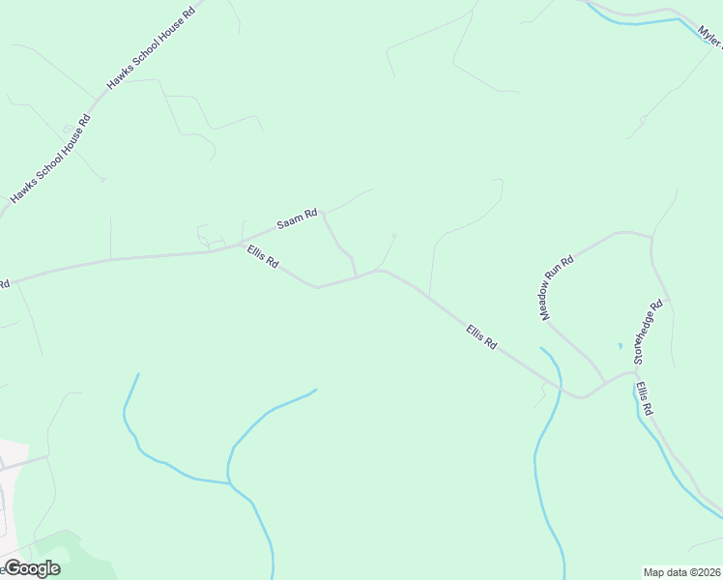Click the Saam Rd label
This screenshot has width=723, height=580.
(297, 219)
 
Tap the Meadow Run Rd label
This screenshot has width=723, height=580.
(557, 288)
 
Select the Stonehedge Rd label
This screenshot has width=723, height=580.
(649, 332)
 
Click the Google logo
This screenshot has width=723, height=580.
(31, 568)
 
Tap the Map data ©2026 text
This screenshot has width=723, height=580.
(681, 572)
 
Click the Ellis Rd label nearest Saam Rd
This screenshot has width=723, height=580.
(262, 257)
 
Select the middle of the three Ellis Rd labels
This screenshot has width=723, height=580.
(480, 337)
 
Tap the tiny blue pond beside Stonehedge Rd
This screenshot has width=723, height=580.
(620, 345)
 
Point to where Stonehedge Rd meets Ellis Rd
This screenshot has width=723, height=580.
(634, 371)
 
